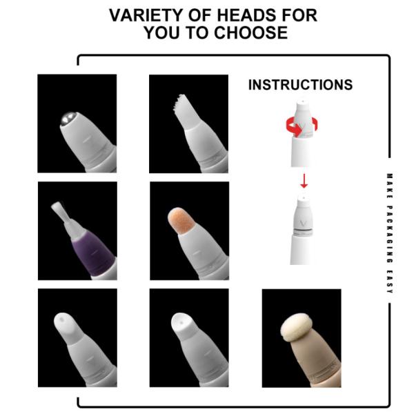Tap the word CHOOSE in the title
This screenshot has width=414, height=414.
point(250,32)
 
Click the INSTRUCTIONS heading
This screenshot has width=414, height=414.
point(300,85)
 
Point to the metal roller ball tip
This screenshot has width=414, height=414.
point(69,118)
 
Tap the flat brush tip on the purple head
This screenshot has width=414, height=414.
point(59,212)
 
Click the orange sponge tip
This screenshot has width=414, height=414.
point(181,220)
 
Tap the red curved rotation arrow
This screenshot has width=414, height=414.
point(302,127)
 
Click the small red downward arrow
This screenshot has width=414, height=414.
point(304,181)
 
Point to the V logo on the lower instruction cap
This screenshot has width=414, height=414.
point(304,223)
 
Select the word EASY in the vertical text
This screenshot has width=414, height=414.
point(389,282)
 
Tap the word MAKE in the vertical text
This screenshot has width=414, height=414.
point(389,186)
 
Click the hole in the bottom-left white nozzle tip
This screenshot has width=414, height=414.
point(62,319)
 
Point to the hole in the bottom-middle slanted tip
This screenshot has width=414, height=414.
point(181,323)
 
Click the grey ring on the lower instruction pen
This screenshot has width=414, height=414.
point(303,232)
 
